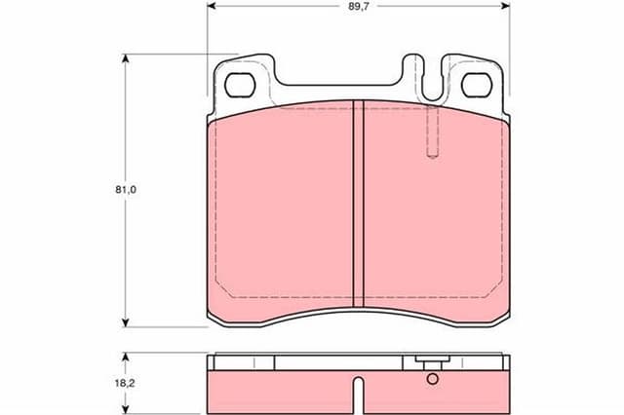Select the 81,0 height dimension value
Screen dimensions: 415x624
point(124,191)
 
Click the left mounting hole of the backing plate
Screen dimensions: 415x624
point(240,85)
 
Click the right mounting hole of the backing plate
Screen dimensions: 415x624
point(476,85)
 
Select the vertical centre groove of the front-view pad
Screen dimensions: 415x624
point(358,205)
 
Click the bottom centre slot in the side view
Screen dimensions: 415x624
point(358,397)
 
